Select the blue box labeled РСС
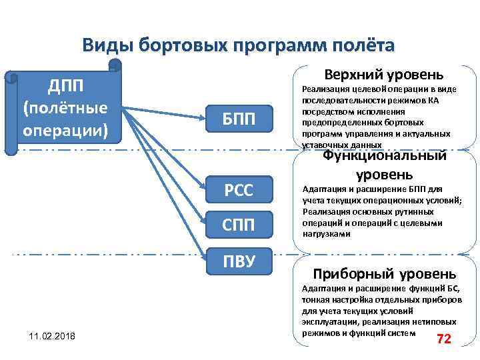click(239, 190)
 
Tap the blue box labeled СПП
click(239, 225)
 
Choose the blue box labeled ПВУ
click(239, 259)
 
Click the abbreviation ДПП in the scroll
click(65, 86)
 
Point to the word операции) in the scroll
click(65, 129)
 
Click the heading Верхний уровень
click(388, 73)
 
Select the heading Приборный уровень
click(385, 273)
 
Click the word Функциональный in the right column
click(385, 157)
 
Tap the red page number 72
click(444, 339)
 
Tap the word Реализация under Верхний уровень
click(323, 89)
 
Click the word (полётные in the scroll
click(65, 107)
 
